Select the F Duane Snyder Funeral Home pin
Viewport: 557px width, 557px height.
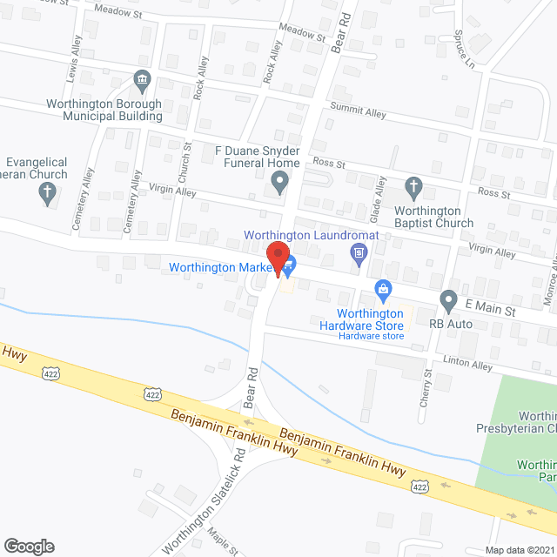pyautogui.click(x=279, y=183)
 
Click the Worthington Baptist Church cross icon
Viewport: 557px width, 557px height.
pyautogui.click(x=414, y=186)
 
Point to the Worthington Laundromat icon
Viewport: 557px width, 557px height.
pyautogui.click(x=358, y=252)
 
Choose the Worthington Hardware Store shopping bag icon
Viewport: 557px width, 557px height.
pyautogui.click(x=381, y=288)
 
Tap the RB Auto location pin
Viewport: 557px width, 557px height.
pyautogui.click(x=448, y=301)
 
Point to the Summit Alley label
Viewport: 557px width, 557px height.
pyautogui.click(x=357, y=111)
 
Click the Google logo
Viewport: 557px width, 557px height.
pyautogui.click(x=29, y=547)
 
